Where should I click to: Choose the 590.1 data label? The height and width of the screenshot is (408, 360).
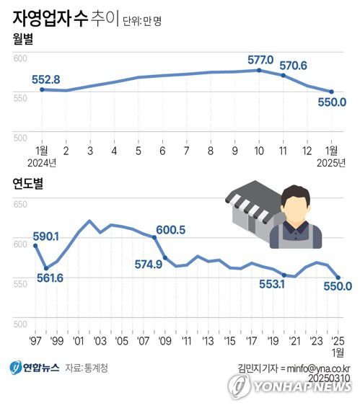coord(46,236)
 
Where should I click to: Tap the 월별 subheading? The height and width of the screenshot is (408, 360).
coord(25,40)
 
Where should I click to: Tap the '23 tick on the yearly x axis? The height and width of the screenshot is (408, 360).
coord(317,340)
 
